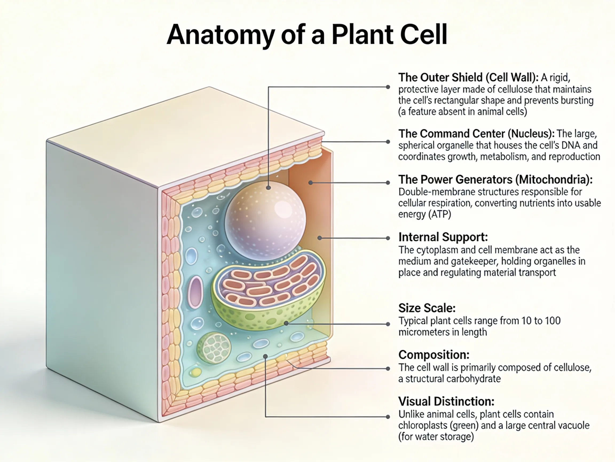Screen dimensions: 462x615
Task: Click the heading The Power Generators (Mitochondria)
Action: (x=495, y=180)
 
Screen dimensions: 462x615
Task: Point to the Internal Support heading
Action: (x=443, y=237)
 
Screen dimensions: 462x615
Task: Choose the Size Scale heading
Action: (x=427, y=308)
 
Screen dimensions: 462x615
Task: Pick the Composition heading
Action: (x=434, y=355)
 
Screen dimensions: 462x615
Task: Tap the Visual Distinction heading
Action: (x=446, y=402)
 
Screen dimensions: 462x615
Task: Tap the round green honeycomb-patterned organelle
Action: (x=214, y=348)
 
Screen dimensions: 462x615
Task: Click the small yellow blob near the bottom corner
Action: (x=196, y=372)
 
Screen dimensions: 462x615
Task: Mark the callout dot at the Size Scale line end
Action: (x=388, y=324)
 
